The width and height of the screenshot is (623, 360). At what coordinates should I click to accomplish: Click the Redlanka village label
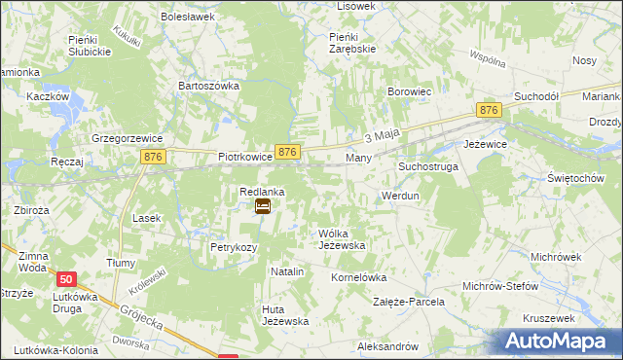click(x=262, y=193)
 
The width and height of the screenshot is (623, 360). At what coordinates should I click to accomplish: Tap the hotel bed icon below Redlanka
click(x=262, y=206)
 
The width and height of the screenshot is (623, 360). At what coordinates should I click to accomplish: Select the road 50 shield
click(x=64, y=279)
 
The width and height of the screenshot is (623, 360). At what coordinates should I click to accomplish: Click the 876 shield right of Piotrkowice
click(x=286, y=153)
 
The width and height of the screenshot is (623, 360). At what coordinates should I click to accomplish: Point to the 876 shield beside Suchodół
click(x=488, y=112)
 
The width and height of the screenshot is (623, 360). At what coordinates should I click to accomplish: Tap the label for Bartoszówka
click(x=208, y=86)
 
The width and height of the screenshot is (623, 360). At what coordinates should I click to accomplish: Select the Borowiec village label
click(x=410, y=92)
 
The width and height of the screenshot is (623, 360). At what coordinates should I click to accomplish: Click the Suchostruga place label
click(x=427, y=167)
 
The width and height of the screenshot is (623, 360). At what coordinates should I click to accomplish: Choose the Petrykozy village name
click(x=234, y=247)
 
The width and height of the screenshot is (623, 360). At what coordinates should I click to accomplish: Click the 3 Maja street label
click(x=383, y=137)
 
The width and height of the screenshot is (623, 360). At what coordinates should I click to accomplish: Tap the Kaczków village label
click(x=47, y=97)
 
